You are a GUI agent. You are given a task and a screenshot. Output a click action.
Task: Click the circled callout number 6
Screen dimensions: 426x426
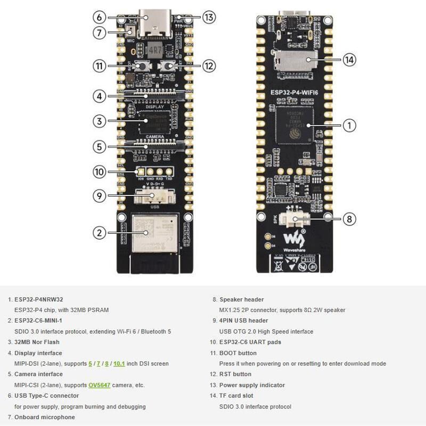[x=99, y=17]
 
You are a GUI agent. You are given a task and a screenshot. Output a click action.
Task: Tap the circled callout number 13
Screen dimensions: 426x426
[x=209, y=17]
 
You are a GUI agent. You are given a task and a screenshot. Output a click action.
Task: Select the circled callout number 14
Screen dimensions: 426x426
[x=349, y=60]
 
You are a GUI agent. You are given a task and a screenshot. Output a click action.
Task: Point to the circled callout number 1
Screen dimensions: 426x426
[x=349, y=126]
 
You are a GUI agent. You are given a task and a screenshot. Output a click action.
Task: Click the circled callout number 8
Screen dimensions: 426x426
[x=349, y=218]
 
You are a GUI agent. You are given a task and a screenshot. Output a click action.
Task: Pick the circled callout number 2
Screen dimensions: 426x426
[x=99, y=232]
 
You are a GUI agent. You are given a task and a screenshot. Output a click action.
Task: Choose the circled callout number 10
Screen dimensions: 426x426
[x=99, y=172]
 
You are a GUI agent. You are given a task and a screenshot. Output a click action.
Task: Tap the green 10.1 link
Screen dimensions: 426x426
[x=119, y=364]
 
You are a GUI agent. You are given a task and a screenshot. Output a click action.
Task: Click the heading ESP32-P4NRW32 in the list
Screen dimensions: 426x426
[x=38, y=299]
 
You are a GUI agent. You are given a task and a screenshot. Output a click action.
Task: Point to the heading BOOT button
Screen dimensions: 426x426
[x=238, y=353]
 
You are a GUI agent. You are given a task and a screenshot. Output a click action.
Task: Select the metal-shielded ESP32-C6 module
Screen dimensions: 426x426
[x=155, y=232]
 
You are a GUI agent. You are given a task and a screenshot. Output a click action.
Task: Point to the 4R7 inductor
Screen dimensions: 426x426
[x=155, y=51]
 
